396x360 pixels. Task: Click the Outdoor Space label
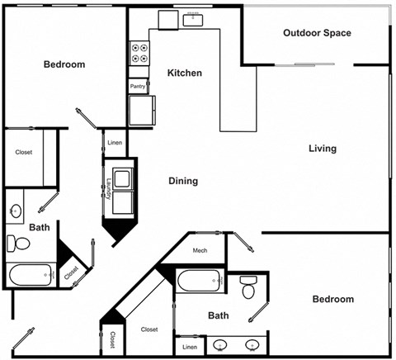(x=317, y=33)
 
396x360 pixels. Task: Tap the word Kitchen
(x=184, y=73)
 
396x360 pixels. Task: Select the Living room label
(x=322, y=149)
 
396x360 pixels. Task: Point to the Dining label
(x=183, y=181)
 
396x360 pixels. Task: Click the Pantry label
(x=138, y=85)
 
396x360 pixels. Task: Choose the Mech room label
(x=200, y=250)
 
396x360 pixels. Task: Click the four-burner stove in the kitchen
(x=139, y=54)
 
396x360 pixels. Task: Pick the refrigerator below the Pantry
(x=139, y=110)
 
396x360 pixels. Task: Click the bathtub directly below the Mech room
(x=199, y=282)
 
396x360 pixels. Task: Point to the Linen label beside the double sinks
(x=190, y=347)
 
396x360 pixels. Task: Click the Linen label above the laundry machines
(x=114, y=143)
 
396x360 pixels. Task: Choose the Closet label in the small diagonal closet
(x=71, y=270)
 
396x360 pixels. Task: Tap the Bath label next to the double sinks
(x=219, y=315)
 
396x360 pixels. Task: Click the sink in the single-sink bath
(x=16, y=211)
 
